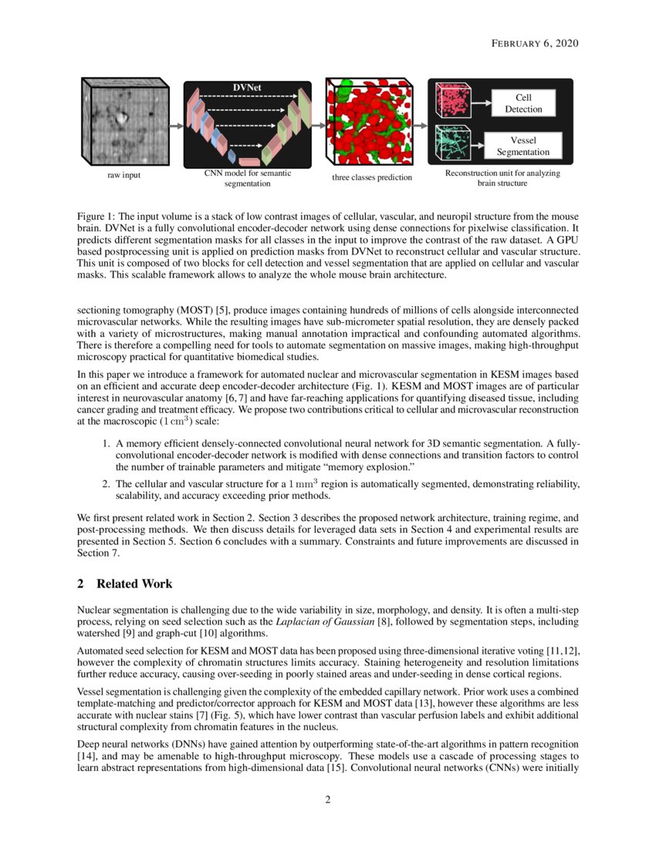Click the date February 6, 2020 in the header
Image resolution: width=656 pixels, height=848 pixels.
(534, 44)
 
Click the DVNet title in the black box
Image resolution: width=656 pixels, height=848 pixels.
(247, 87)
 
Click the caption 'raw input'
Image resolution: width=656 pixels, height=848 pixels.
(123, 176)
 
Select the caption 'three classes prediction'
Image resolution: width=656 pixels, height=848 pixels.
(372, 177)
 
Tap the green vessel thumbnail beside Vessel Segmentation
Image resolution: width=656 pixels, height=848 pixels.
(455, 143)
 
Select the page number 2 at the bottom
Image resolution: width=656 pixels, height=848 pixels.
(328, 799)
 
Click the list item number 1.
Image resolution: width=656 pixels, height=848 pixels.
(107, 445)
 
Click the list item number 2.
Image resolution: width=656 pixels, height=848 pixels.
(107, 483)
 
